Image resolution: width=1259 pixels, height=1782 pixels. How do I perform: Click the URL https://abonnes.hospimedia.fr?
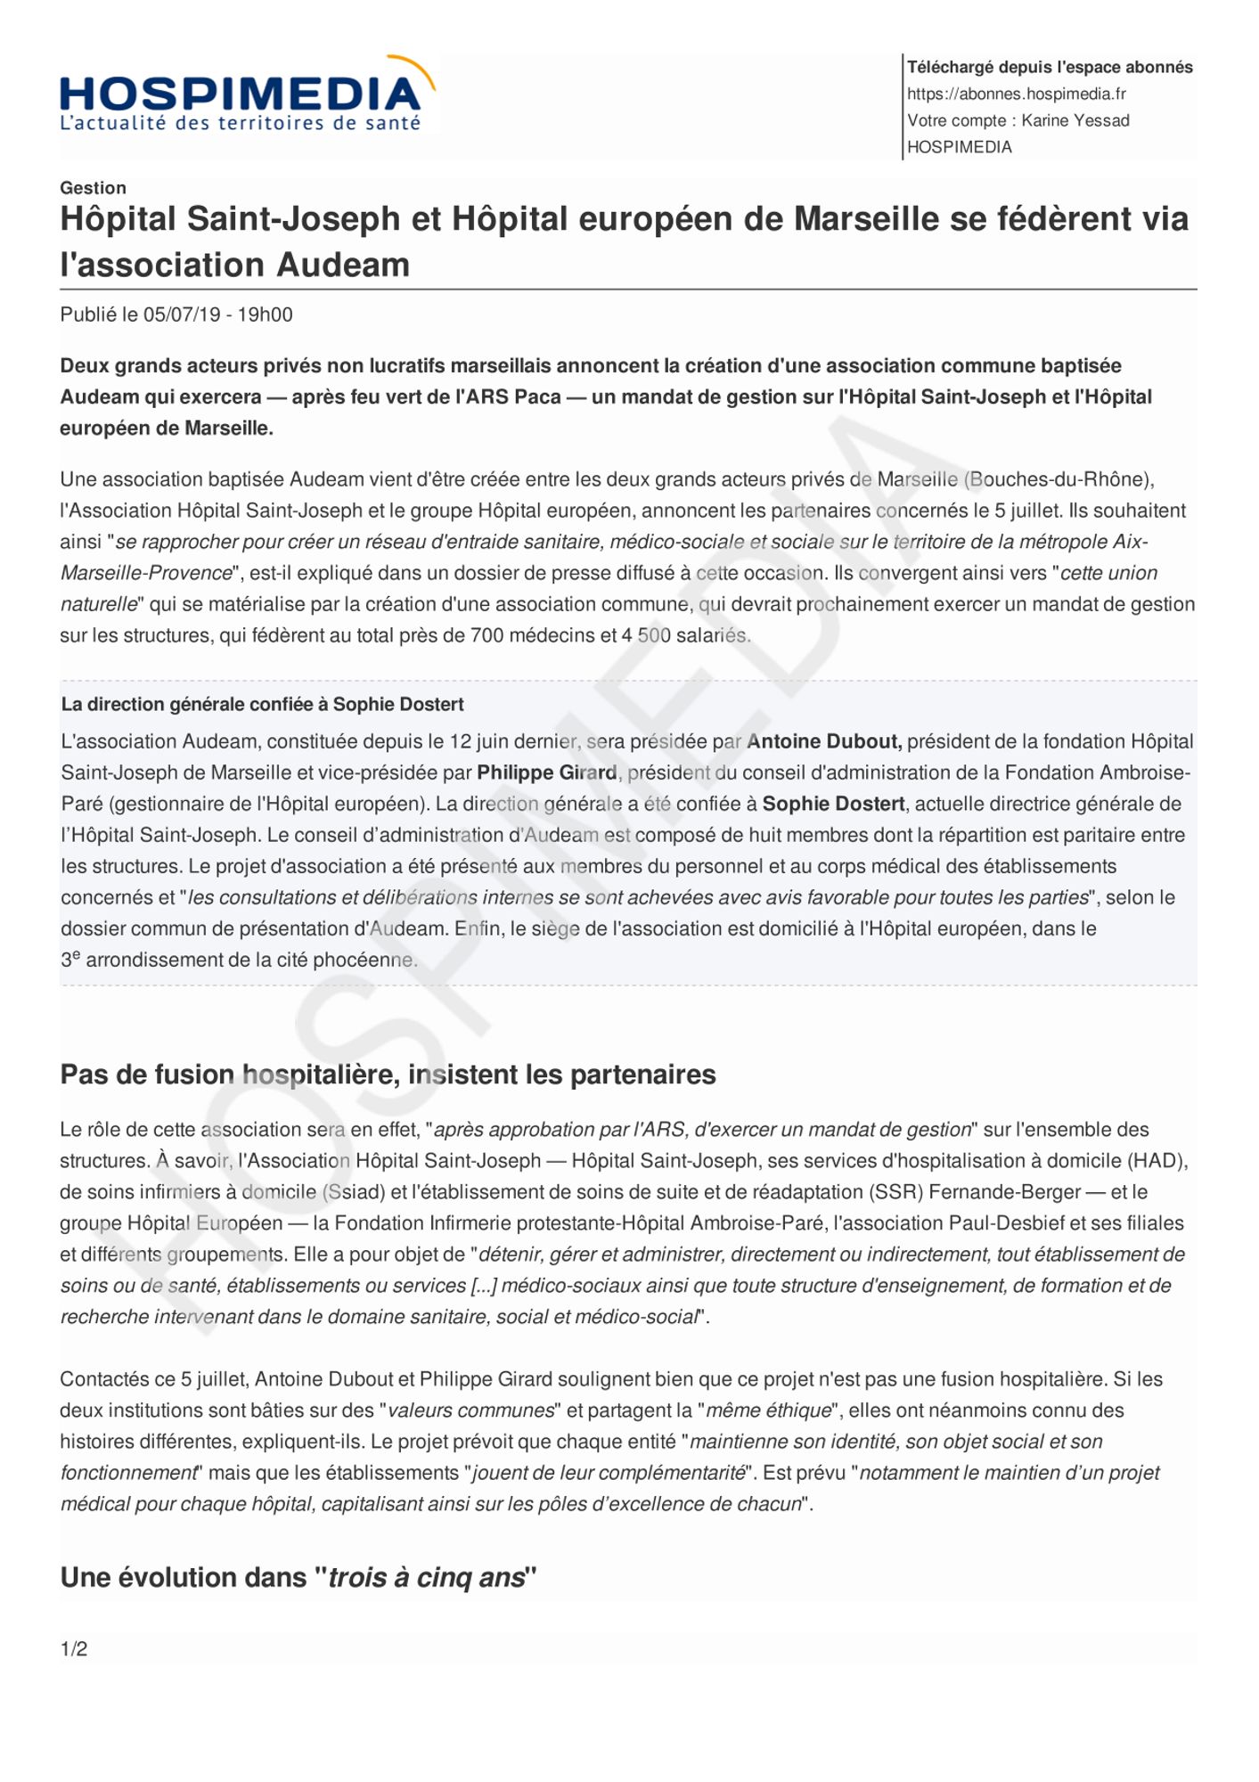1017,94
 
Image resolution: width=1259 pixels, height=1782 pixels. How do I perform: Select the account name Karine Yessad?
1075,120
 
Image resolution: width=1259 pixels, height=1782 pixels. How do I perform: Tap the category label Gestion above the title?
93,187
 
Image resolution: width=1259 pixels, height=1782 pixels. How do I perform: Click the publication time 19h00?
265,315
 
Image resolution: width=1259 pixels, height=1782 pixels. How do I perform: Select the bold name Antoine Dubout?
824,741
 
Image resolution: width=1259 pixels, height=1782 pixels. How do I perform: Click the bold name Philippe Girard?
546,772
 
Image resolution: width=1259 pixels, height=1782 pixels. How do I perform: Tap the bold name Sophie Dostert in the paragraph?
833,804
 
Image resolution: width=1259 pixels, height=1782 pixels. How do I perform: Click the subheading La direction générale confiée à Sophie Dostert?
262,704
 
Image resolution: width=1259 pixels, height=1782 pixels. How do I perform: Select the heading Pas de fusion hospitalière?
231,1075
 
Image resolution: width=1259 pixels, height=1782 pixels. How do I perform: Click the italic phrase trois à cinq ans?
427,1577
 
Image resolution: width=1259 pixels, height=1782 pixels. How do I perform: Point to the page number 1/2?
74,1648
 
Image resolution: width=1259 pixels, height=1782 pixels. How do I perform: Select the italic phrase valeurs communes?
471,1410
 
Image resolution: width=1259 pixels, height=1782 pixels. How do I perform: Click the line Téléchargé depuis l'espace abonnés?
1050,67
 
